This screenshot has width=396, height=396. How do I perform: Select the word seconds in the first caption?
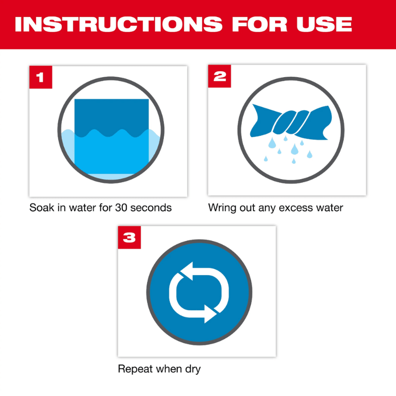tap(151, 208)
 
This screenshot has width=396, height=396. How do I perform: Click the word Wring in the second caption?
tap(221, 208)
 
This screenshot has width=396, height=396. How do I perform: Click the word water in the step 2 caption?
tap(329, 208)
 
